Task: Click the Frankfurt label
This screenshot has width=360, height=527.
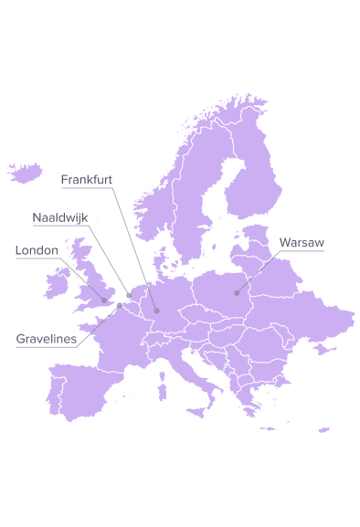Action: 87,180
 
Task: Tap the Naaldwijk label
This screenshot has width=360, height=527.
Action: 59,218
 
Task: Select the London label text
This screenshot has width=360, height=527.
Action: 37,250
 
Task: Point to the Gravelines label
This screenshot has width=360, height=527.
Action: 47,339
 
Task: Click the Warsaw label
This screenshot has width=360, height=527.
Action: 302,243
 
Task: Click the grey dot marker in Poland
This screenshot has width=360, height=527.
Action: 238,292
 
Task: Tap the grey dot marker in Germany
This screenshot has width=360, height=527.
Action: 156,309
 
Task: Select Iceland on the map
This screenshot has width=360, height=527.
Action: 25,172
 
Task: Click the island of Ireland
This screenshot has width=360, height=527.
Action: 57,282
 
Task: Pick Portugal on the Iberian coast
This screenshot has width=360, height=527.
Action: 51,402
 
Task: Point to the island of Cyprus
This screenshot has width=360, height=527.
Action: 324,429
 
